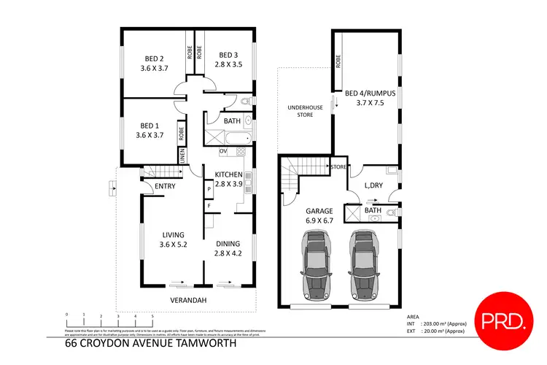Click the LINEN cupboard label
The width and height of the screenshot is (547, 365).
click(182, 155)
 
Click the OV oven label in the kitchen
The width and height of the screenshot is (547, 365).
click(223, 151)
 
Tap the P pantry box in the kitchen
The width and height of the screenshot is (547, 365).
click(209, 188)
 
